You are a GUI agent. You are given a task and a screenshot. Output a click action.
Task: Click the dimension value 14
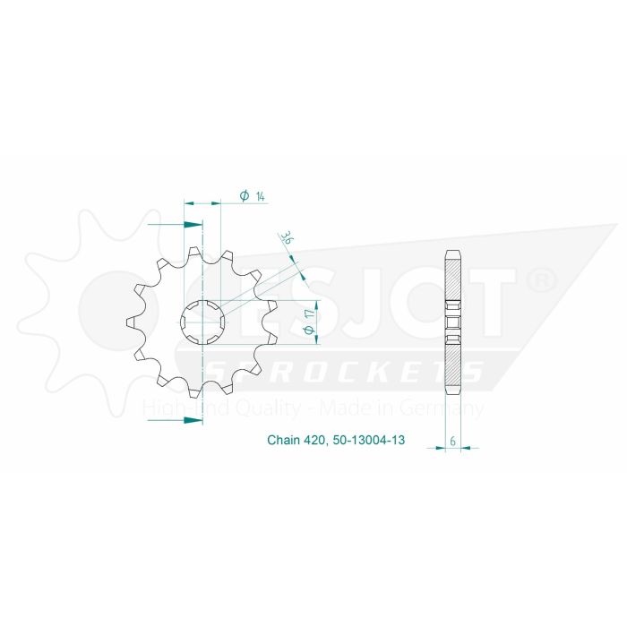pos(259,196)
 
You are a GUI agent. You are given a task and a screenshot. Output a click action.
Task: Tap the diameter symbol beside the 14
pos(244,196)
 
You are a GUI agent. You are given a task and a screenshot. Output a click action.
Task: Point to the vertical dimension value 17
pos(308,314)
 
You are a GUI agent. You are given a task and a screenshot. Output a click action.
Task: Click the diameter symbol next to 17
pos(308,331)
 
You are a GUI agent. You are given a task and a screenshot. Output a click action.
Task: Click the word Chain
pos(283,441)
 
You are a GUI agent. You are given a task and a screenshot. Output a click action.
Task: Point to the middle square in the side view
pos(454,322)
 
